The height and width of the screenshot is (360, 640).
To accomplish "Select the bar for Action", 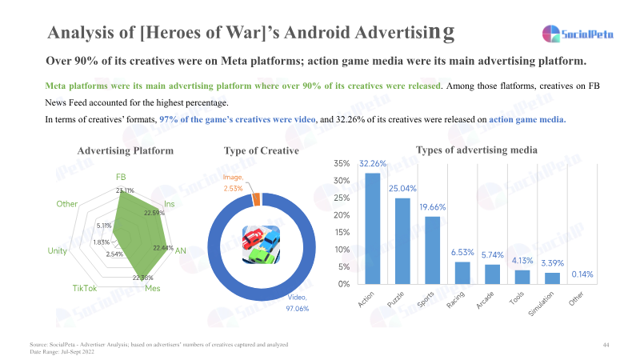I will tap(373, 228).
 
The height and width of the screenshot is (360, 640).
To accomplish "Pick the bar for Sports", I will tap(433, 250).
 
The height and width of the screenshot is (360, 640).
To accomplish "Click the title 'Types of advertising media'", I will tap(476, 150).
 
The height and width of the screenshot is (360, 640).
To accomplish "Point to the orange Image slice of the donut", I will tap(256, 199).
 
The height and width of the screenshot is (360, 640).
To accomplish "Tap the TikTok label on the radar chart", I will tap(85, 287).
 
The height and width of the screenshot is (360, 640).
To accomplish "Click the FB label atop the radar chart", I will tap(121, 177).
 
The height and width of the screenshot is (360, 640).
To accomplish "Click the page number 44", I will tap(606, 344).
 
